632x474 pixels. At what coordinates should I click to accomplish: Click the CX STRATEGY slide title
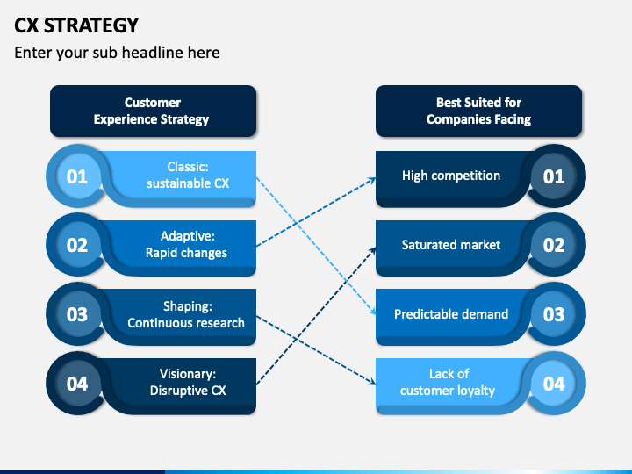[x=76, y=25]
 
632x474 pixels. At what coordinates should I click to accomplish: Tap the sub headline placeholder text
[x=117, y=53]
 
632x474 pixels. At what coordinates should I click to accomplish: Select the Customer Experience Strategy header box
[x=153, y=111]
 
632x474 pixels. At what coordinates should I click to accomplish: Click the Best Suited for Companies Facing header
[x=479, y=111]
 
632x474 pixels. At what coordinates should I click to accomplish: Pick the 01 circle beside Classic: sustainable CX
[x=77, y=176]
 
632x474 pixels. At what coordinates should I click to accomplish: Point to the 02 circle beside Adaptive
[x=77, y=245]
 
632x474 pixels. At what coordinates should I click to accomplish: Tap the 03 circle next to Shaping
[x=77, y=314]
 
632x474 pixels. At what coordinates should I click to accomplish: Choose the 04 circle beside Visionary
[x=77, y=384]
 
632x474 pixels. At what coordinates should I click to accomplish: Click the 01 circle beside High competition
[x=554, y=176]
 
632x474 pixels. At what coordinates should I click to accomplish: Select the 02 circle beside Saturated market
[x=554, y=245]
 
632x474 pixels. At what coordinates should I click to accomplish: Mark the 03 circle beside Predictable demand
[x=554, y=314]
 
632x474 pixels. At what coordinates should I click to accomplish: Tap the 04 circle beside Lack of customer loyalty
[x=554, y=384]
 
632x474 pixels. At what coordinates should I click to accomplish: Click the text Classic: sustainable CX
[x=188, y=175]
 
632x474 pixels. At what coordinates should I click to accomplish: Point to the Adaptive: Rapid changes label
[x=187, y=244]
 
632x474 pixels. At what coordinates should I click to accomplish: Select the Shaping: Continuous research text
[x=186, y=314]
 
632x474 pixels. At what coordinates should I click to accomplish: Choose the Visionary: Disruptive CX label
[x=188, y=382]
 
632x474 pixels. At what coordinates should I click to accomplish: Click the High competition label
[x=451, y=176]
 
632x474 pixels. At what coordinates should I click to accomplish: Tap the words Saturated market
[x=451, y=245]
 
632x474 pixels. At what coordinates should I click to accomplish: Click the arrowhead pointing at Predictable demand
[x=373, y=311]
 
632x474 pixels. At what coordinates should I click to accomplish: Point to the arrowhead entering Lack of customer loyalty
[x=371, y=381]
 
